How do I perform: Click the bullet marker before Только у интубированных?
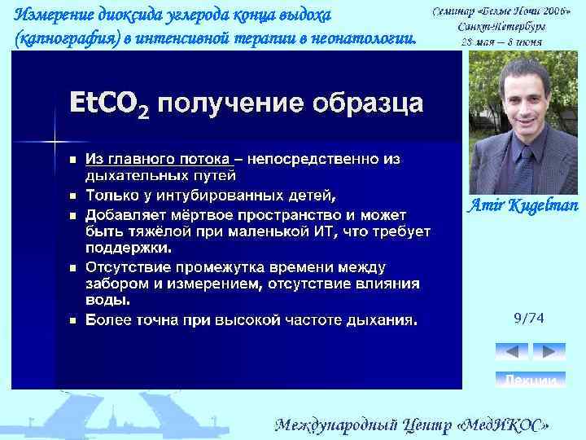click(72, 196)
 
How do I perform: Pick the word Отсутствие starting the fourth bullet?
click(131, 267)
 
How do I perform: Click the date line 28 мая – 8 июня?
click(501, 42)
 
